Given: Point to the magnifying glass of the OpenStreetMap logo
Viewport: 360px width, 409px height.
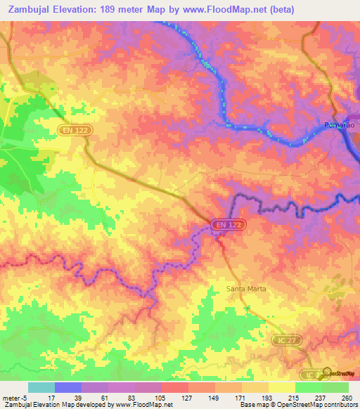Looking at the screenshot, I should (327, 372).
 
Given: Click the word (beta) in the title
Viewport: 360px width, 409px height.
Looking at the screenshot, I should (277, 10).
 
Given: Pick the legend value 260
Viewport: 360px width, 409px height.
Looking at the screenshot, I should (347, 398).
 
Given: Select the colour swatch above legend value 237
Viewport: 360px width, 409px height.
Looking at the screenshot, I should (308, 387).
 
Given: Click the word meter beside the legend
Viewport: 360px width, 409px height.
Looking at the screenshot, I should (11, 398).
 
